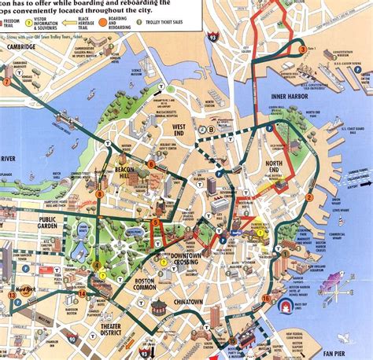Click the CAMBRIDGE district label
(19, 47)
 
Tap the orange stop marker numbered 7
(8, 79)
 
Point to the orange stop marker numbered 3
(303, 50)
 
